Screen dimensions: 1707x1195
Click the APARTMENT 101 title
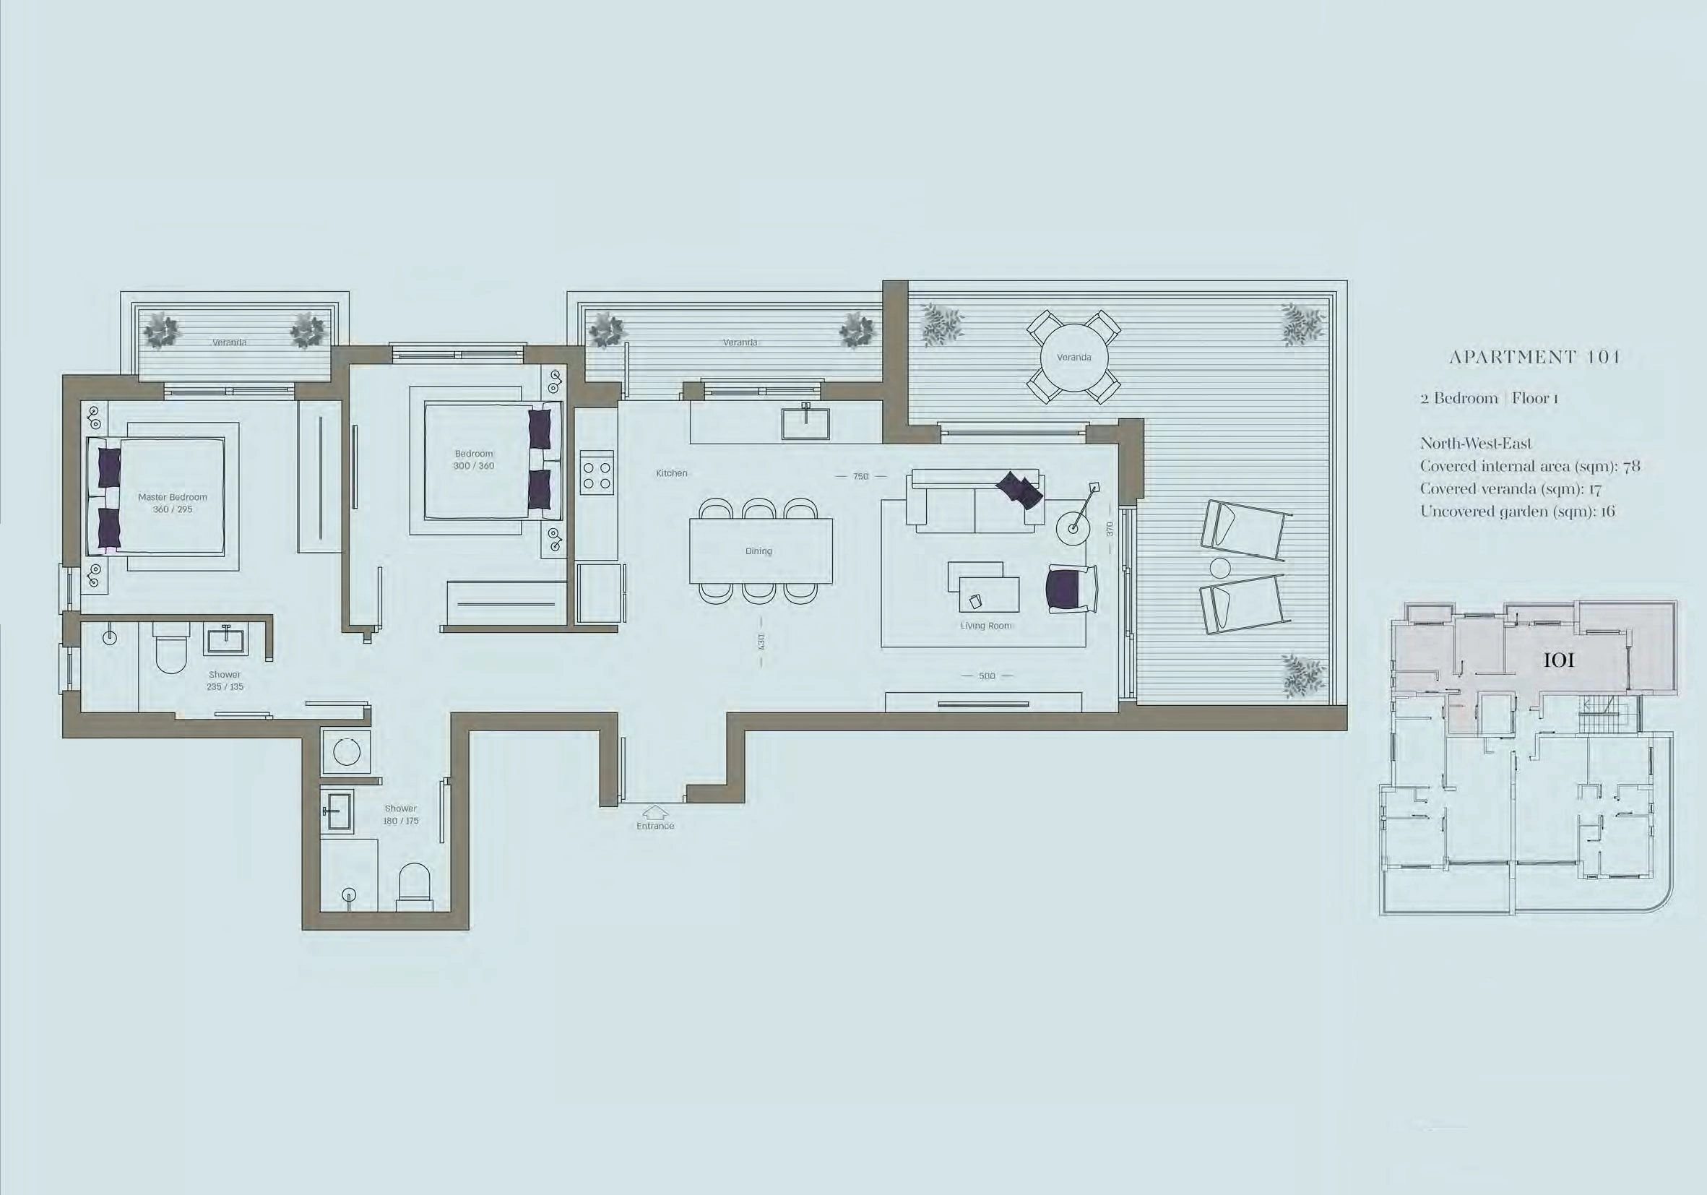tap(1534, 357)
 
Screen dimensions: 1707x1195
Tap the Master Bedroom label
tap(173, 497)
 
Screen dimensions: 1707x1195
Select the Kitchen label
tap(671, 473)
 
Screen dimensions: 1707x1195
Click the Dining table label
tap(759, 551)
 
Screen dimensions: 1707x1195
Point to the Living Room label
tap(986, 626)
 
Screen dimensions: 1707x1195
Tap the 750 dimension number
tap(861, 476)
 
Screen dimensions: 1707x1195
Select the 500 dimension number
tap(987, 676)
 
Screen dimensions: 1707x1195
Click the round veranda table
tap(1073, 358)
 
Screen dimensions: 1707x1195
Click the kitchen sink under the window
tap(805, 422)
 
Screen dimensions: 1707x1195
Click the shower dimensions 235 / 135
tap(225, 687)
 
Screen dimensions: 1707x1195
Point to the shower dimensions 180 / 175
tap(401, 821)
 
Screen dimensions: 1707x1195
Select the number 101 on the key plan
tap(1559, 660)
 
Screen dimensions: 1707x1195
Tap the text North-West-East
tap(1476, 444)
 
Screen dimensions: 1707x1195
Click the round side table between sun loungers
tap(1221, 568)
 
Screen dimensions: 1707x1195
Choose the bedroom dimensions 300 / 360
tap(474, 466)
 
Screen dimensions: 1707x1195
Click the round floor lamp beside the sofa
tap(1073, 528)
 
